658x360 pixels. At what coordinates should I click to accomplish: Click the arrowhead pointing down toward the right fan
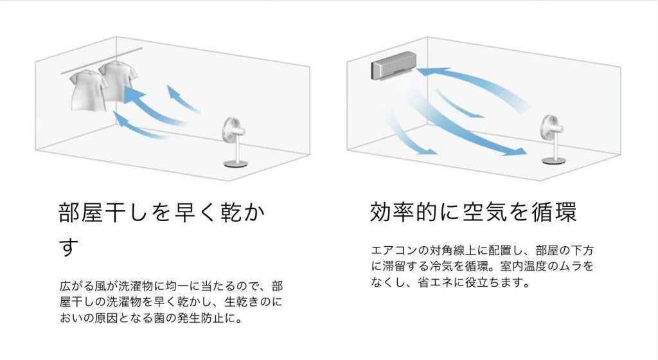click(x=517, y=152)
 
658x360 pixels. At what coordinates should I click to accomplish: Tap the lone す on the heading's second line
click(x=67, y=248)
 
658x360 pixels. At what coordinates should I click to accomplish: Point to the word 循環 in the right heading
click(x=562, y=212)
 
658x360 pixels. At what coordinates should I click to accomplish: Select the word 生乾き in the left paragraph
click(x=237, y=301)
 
